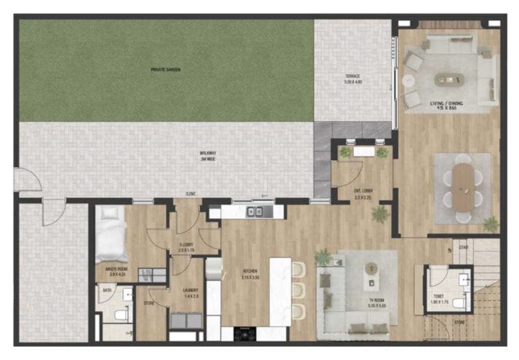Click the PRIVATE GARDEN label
click(x=165, y=69)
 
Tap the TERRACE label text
click(x=353, y=76)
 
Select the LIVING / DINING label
click(x=445, y=104)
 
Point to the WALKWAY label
click(x=207, y=152)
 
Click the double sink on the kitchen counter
click(x=255, y=212)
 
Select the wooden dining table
click(x=463, y=186)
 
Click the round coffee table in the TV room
click(x=370, y=268)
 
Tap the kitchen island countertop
click(x=280, y=290)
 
